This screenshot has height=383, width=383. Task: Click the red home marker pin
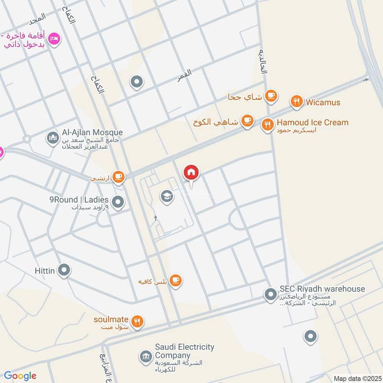click(191, 173)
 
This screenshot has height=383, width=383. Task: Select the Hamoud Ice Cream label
click(313, 123)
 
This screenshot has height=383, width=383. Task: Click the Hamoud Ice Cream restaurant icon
click(267, 125)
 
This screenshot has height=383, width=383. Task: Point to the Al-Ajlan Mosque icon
click(53, 138)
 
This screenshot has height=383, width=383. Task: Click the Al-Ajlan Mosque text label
click(92, 133)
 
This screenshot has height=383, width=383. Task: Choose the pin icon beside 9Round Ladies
click(119, 203)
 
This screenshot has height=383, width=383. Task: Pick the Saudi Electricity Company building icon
click(145, 356)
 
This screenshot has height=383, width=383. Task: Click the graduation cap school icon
click(167, 196)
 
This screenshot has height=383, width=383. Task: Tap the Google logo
click(20, 376)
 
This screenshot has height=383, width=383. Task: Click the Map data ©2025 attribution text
click(356, 378)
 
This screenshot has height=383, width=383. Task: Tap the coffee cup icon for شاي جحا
click(271, 96)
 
